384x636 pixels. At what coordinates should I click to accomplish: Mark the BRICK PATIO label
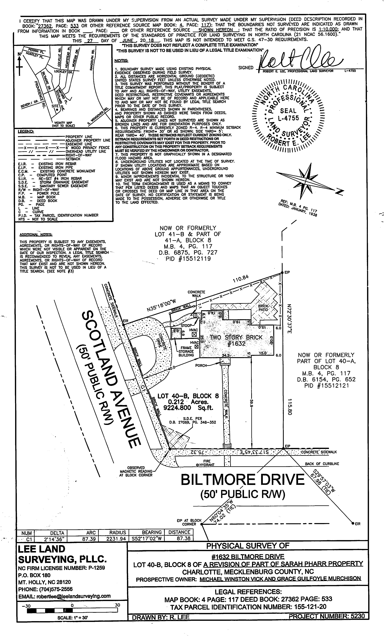(263, 308)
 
